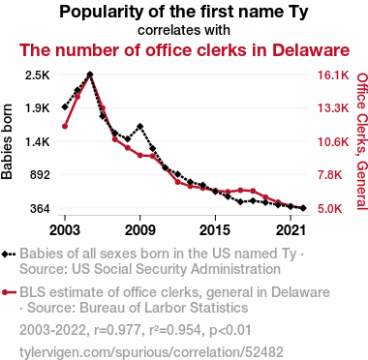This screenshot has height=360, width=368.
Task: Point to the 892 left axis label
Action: coord(40,175)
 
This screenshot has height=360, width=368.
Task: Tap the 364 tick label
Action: coord(40,209)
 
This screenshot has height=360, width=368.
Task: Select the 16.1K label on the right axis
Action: coord(333,75)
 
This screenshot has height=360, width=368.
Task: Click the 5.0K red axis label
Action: coord(329,209)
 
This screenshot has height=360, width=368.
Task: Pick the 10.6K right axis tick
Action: coord(333,142)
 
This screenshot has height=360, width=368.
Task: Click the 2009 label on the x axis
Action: coord(140,230)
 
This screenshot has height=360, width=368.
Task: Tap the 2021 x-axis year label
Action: coord(291,230)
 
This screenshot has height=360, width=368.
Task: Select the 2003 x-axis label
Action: coord(65,230)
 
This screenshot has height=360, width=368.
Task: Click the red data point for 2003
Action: coord(65,126)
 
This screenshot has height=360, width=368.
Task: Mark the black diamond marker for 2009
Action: coord(140,126)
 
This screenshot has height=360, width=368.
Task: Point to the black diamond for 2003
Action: coord(65,106)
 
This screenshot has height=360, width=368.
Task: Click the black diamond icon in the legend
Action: coord(5,255)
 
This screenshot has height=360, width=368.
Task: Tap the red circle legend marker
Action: coord(5,292)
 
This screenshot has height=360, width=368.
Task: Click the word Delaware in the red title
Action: coord(311,50)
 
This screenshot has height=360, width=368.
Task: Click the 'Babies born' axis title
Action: coord(7,142)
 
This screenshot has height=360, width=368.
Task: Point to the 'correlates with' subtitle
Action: coord(184,30)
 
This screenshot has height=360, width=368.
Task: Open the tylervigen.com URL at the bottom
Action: coord(151,352)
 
